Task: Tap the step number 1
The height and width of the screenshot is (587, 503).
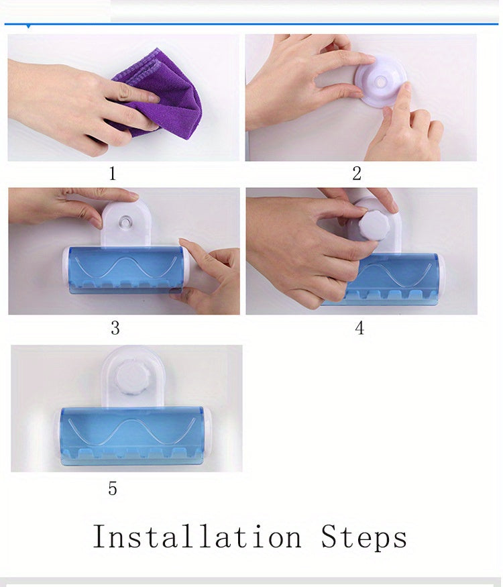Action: pyautogui.click(x=113, y=174)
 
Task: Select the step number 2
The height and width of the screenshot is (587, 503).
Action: pyautogui.click(x=357, y=174)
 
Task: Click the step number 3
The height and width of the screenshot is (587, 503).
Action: pyautogui.click(x=115, y=328)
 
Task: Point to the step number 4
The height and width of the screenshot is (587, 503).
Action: pyautogui.click(x=359, y=328)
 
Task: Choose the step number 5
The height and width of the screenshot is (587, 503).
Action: pyautogui.click(x=113, y=489)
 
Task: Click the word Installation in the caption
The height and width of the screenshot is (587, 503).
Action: pyautogui.click(x=197, y=537)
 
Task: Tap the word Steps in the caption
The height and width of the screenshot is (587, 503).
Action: pyautogui.click(x=364, y=537)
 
